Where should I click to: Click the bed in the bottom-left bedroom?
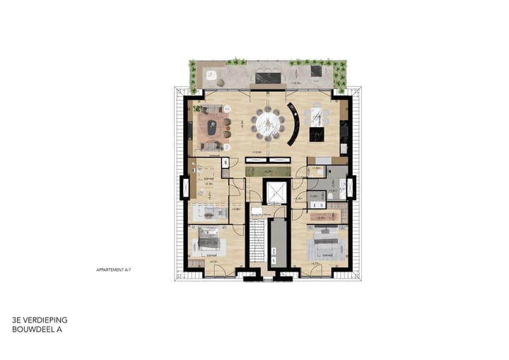point(211,243)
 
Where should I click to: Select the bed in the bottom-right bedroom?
point(324,247)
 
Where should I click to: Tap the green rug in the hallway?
point(268,172)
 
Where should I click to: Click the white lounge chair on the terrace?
point(211,74)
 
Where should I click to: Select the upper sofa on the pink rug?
point(213,110)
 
